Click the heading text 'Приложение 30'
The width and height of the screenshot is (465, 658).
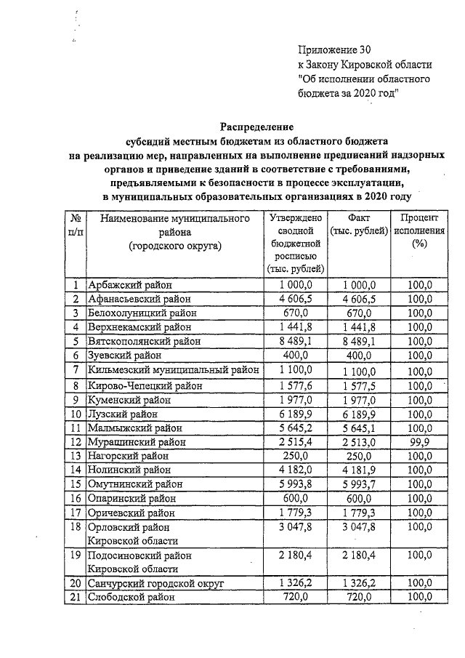pyautogui.click(x=334, y=50)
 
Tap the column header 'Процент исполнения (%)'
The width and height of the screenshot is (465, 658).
pyautogui.click(x=418, y=230)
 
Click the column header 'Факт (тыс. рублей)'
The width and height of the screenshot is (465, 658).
pyautogui.click(x=360, y=224)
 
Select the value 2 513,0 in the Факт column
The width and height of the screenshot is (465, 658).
pyautogui.click(x=360, y=442)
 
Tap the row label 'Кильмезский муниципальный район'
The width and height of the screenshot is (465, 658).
pyautogui.click(x=173, y=370)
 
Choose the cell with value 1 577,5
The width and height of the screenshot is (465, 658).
pyautogui.click(x=360, y=385)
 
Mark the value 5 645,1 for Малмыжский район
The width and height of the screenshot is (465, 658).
pyautogui.click(x=360, y=428)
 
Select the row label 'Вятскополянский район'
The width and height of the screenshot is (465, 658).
pyautogui.click(x=142, y=341)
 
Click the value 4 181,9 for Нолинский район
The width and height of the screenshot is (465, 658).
pyautogui.click(x=360, y=470)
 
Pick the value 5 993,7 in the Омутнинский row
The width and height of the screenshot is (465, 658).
pyautogui.click(x=360, y=484)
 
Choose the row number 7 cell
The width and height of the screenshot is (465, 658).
pyautogui.click(x=75, y=370)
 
